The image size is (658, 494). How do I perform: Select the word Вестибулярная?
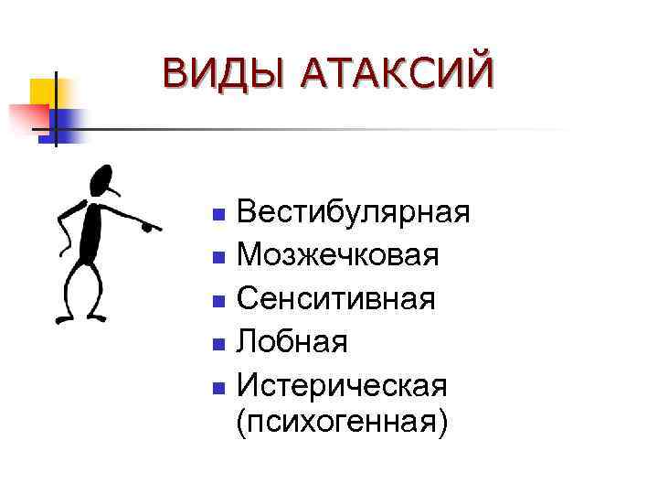(353, 213)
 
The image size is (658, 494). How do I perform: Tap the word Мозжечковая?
(337, 255)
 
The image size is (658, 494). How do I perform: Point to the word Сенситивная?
(335, 299)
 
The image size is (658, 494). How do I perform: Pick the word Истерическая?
(342, 385)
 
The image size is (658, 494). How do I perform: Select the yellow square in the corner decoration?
(44, 91)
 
